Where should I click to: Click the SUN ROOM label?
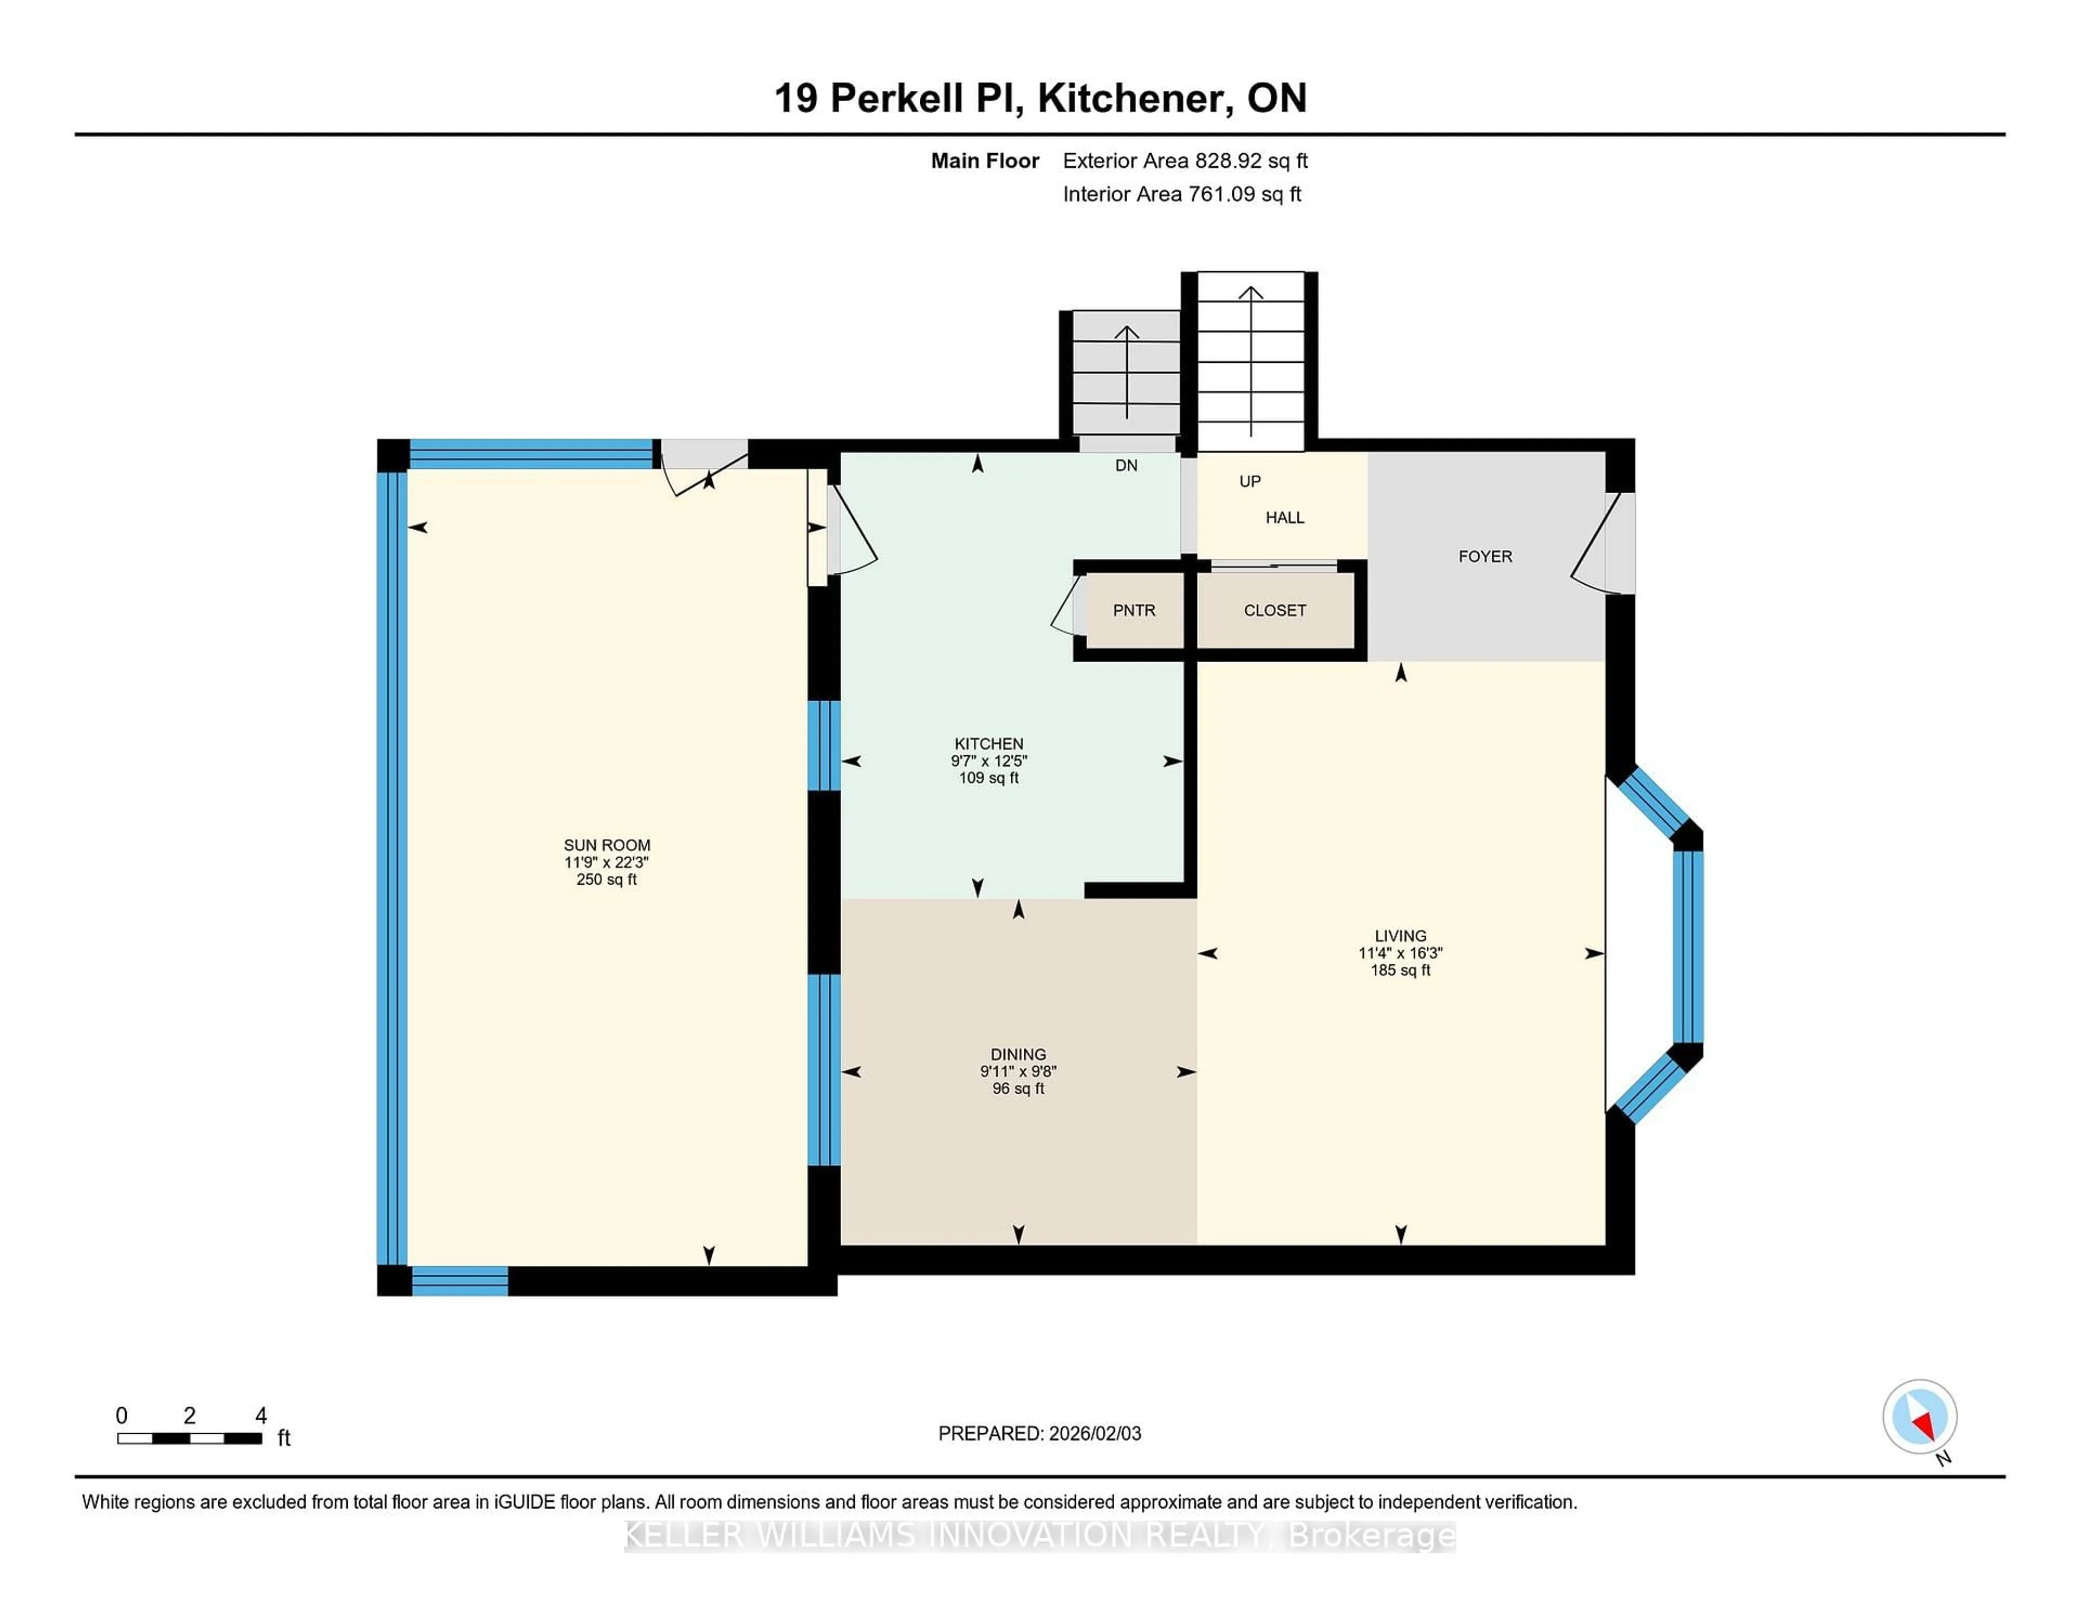607,845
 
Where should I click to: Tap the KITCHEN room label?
989,743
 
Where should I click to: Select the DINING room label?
1018,1054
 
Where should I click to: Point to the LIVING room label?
1400,936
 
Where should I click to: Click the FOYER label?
1485,556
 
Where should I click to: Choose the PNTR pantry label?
1133,610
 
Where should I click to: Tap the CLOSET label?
1275,610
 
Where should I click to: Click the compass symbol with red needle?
1919,1416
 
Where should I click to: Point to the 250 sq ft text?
607,880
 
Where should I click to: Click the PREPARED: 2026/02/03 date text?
1039,1433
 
